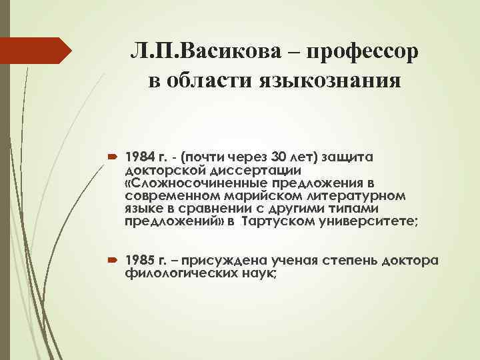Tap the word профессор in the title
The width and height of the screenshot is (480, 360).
(x=358, y=51)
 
